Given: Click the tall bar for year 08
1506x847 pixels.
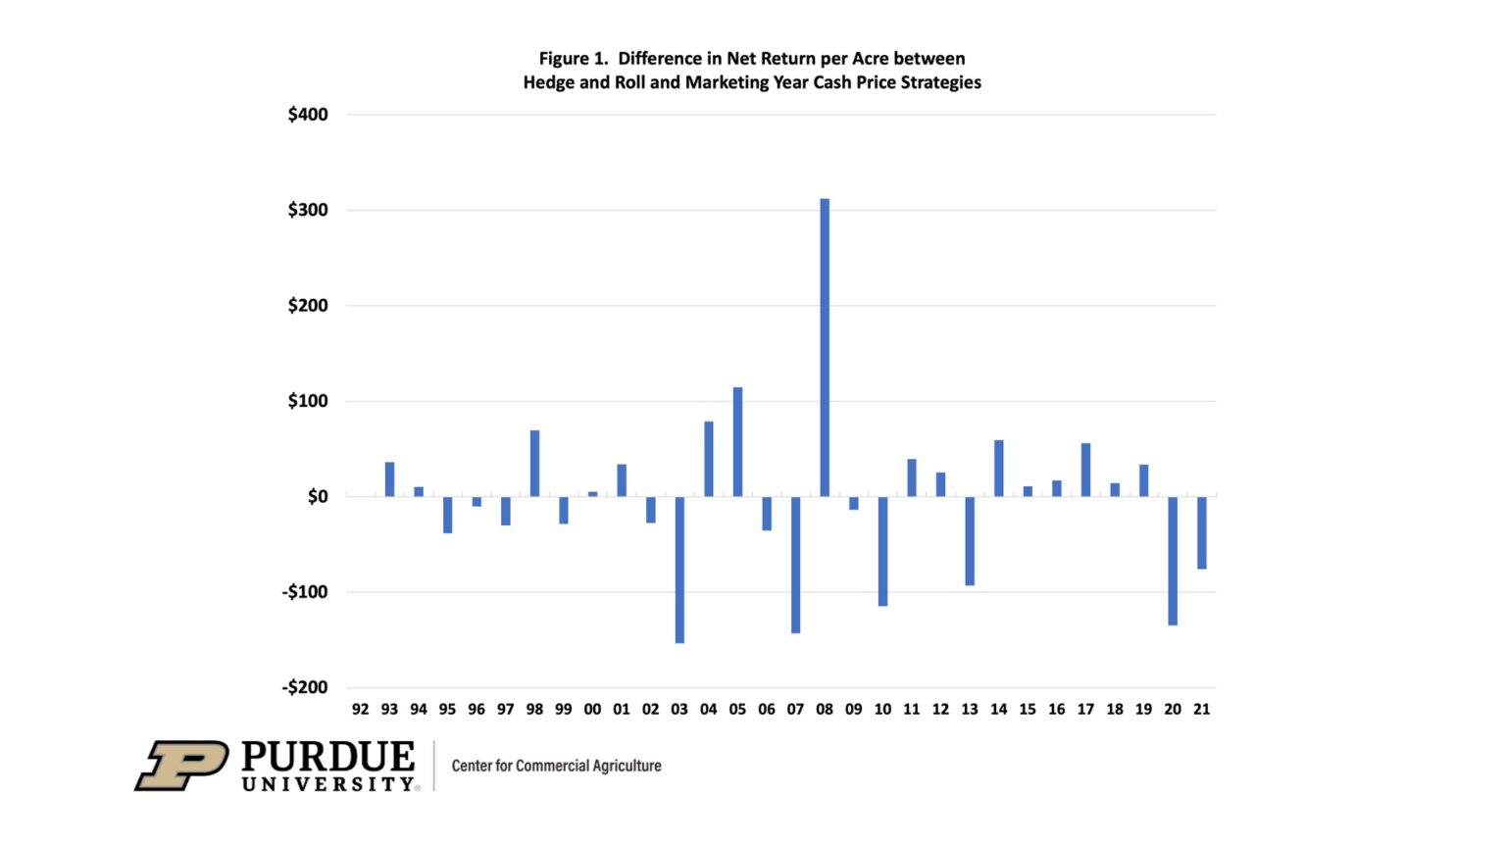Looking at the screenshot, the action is coord(825,348).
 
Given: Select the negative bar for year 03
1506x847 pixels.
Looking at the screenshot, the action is coord(679,570).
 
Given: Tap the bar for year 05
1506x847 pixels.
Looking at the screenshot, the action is coord(737,442).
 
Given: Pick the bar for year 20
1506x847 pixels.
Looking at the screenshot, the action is coord(1173,561).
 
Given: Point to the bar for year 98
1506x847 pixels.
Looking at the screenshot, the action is coord(534,463).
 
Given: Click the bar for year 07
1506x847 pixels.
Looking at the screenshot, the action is coord(795,565).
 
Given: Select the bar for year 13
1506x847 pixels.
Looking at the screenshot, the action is coord(970,541).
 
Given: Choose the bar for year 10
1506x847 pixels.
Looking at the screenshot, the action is coord(882,551).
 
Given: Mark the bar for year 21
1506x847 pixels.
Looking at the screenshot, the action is coord(1201,533).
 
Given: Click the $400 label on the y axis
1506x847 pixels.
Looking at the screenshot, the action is coord(308,115).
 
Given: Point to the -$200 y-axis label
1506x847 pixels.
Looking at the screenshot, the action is coord(305,687).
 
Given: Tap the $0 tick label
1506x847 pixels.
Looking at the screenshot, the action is coord(318,497).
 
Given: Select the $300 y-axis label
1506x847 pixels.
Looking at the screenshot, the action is coord(308,210).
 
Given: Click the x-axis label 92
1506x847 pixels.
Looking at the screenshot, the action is coord(361,709).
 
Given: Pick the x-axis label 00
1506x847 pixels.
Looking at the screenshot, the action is coord(592,709).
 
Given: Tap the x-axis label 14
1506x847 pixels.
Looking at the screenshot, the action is coord(998,709).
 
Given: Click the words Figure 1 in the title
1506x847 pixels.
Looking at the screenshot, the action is coord(574,59).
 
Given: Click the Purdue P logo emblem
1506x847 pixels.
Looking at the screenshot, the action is coord(181,766).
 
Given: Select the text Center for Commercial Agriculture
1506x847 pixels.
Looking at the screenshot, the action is coord(556,766).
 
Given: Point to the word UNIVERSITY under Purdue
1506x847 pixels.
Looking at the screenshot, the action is coord(328,784).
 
